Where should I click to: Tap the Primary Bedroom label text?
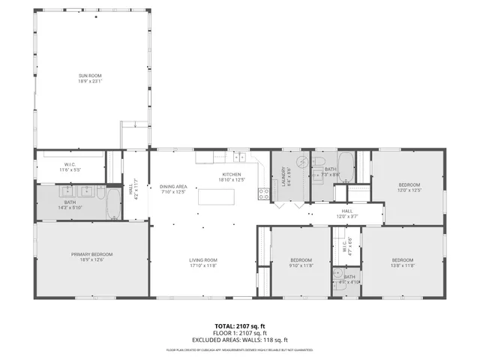pos(91,256)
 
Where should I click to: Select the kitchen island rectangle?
pos(216,196)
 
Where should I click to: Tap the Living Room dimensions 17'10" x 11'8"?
pos(202,265)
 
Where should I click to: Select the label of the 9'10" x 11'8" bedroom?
pos(301,262)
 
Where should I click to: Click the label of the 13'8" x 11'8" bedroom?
pos(402,262)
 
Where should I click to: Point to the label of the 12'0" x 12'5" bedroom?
pos(409,184)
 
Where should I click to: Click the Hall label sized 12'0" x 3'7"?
pos(347,211)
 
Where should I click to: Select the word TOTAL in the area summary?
pos(221,326)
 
